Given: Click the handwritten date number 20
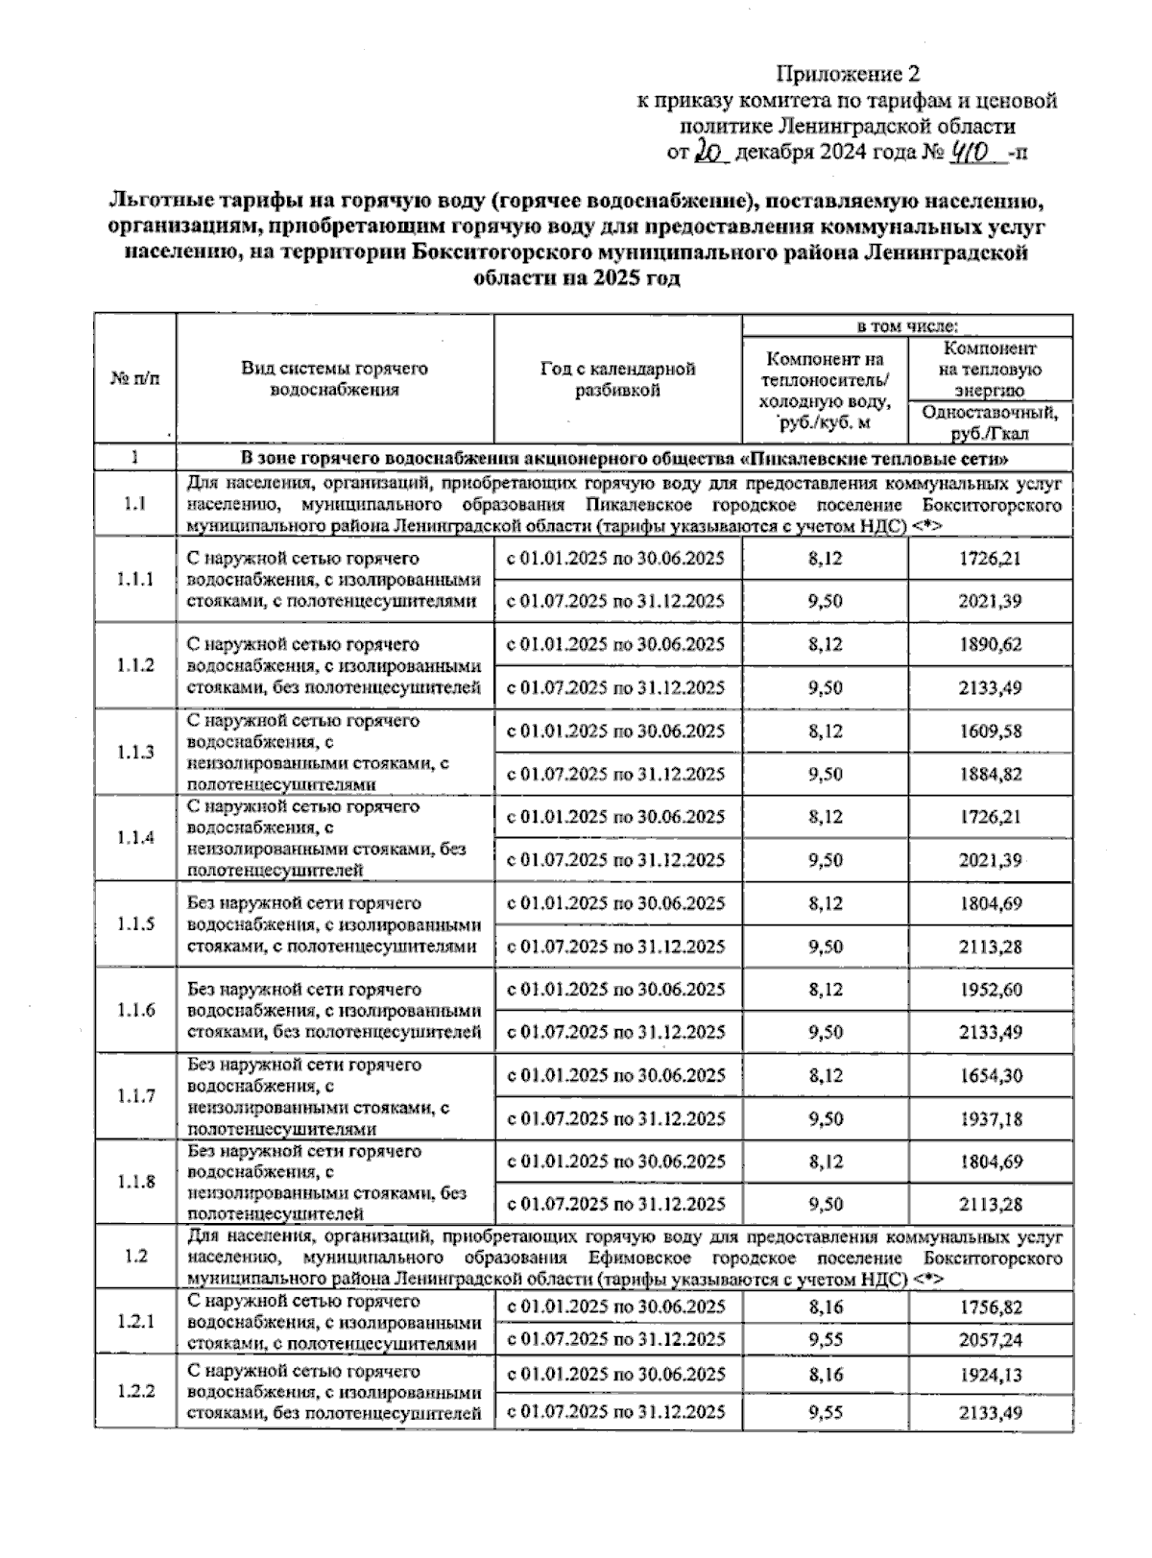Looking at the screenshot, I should pos(712,150).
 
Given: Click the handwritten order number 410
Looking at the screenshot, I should pos(975,150).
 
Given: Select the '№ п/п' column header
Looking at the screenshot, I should pos(135,378).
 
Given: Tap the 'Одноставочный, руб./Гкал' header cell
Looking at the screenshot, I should pos(990,421).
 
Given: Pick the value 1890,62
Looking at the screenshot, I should pos(990,644).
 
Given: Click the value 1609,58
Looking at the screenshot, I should pos(990,731).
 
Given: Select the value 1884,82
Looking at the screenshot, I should pos(990,774).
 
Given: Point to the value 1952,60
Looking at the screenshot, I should pos(990,989).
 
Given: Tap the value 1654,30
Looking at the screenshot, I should pos(990,1075).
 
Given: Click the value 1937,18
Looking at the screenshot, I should pos(990,1118).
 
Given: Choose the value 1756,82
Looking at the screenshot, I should pos(990,1306).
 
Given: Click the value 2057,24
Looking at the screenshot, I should pos(990,1339).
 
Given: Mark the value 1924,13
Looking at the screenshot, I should pos(990,1374).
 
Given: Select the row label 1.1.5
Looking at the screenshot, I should pos(135,923).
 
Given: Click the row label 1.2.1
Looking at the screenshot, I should pos(135,1322).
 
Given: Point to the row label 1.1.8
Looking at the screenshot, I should pos(135,1182).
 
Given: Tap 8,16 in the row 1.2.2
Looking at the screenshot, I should pos(826,1374).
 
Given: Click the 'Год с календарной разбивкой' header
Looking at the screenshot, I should pos(617,378).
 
